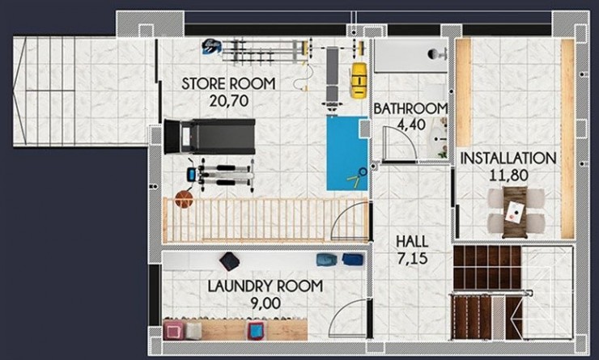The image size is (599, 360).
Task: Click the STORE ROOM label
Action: tap(228, 83)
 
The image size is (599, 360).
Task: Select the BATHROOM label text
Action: tap(410, 109)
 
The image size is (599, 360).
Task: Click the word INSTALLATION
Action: tap(508, 158)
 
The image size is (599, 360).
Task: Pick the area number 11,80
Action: tap(508, 174)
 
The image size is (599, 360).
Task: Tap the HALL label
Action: tap(412, 242)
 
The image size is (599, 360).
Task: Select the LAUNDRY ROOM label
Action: tap(266, 286)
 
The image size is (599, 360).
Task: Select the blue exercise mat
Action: tap(346, 152)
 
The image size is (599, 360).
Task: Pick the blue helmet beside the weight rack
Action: tap(212, 46)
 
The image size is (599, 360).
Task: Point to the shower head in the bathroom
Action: tap(435, 54)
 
